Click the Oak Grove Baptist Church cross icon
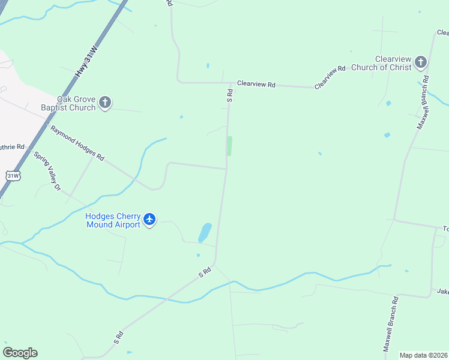click(x=105, y=102)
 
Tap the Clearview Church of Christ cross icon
click(x=421, y=62)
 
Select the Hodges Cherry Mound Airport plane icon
click(x=149, y=220)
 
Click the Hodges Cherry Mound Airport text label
click(x=113, y=220)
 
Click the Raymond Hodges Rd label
click(x=77, y=143)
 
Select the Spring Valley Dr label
click(x=47, y=171)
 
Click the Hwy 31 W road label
click(x=85, y=61)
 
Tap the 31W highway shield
click(x=13, y=176)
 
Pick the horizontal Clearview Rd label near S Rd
click(x=256, y=85)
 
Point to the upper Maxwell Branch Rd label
click(x=423, y=102)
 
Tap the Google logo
click(x=20, y=353)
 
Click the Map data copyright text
click(x=423, y=355)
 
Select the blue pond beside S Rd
click(x=205, y=232)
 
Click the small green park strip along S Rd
click(x=229, y=146)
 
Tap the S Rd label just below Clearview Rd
click(x=229, y=95)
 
